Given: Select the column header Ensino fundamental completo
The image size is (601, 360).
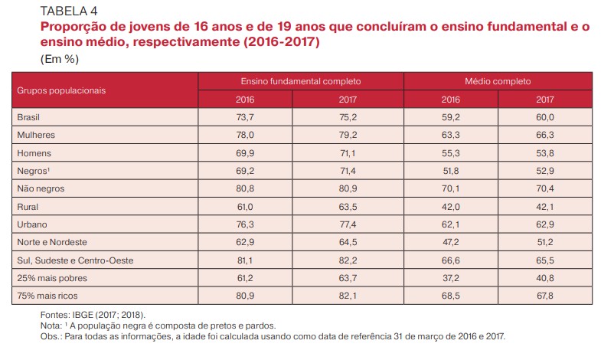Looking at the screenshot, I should [x=300, y=80].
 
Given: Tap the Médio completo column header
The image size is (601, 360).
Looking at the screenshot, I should [x=497, y=80].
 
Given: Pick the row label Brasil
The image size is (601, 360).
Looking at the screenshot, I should [x=28, y=117].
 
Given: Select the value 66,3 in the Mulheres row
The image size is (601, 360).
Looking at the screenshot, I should [x=545, y=135].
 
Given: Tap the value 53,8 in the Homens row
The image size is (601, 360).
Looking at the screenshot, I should [x=545, y=152].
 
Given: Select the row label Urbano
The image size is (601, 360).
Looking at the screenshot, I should [x=31, y=224].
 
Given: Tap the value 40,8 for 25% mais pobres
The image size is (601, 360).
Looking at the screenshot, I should [x=545, y=278].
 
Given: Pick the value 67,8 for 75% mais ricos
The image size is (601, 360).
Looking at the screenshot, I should [x=545, y=296].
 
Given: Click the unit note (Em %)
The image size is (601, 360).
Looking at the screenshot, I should [x=60, y=57].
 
